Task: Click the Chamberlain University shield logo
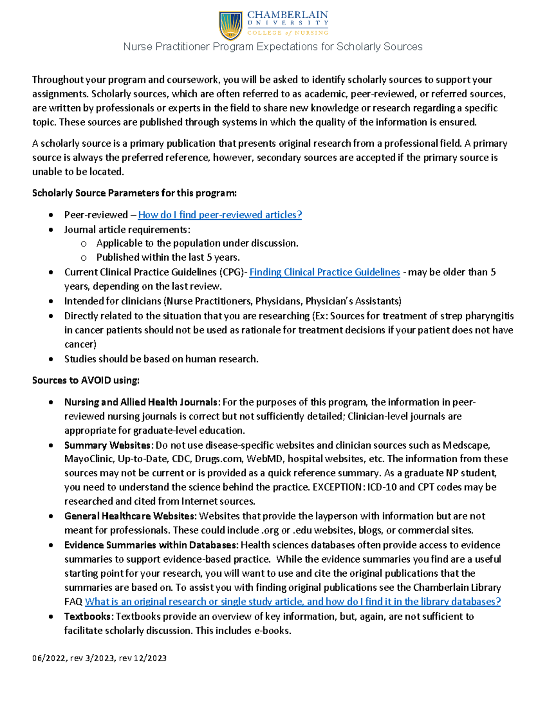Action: click(x=231, y=26)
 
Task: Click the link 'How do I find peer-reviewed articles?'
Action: click(x=220, y=215)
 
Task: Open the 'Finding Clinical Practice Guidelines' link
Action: click(x=325, y=272)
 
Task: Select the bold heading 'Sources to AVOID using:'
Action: click(x=86, y=380)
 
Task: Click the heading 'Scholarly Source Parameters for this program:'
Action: click(x=134, y=193)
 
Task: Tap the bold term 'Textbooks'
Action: click(x=88, y=616)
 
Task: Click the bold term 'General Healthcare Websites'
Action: click(x=130, y=516)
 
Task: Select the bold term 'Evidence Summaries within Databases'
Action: click(x=150, y=545)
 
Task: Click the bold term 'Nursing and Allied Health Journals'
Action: click(x=140, y=402)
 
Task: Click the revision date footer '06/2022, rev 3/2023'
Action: click(x=99, y=658)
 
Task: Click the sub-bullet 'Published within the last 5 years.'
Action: click(x=168, y=258)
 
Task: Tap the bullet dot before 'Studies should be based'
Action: click(x=51, y=359)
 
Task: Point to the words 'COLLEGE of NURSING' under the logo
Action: click(x=288, y=33)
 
